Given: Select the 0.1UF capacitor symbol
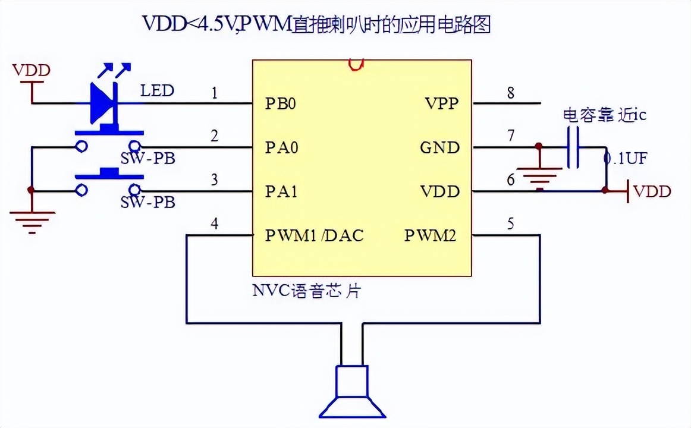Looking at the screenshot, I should tap(573, 147).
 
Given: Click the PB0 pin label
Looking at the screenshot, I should tap(280, 103).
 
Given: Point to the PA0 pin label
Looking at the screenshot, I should tap(281, 147).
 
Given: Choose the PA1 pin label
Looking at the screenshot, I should tap(281, 191).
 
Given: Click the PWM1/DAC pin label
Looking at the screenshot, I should tap(314, 235).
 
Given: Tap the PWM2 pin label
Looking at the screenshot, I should tap(431, 235).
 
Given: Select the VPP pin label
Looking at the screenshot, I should tap(442, 103).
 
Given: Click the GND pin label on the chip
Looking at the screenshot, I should tap(440, 147).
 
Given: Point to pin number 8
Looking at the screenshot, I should tap(511, 93).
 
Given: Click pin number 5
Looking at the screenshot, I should tap(511, 225).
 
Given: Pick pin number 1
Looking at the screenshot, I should tap(215, 93).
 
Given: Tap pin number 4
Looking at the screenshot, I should tap(215, 225).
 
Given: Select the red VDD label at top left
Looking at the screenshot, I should tap(32, 70).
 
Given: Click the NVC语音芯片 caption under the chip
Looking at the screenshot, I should tap(307, 291).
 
